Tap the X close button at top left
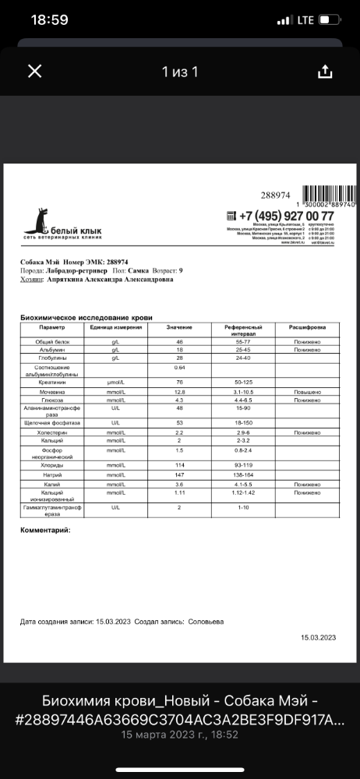click(x=34, y=72)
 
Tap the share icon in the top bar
click(x=325, y=72)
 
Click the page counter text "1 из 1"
click(x=180, y=72)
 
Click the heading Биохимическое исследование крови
click(x=86, y=318)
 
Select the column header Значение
click(x=179, y=328)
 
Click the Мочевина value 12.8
click(x=179, y=393)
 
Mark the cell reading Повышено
click(x=307, y=393)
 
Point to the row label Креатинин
click(x=54, y=382)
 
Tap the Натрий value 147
click(x=179, y=474)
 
